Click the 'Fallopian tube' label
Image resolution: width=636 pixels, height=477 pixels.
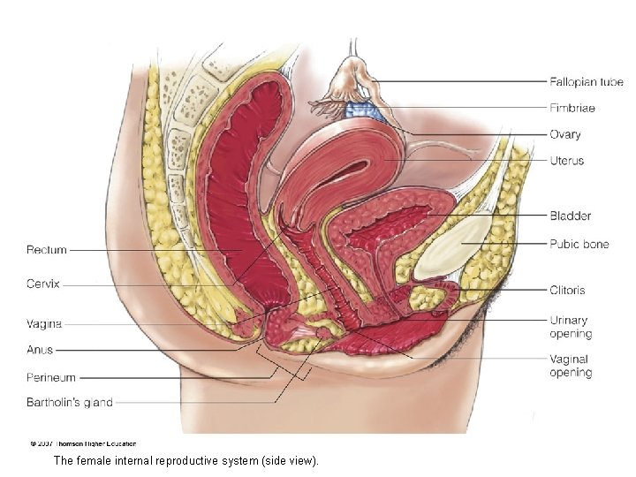(586, 82)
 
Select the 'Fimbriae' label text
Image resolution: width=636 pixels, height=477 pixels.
(572, 108)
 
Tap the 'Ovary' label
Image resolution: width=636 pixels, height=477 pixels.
(565, 135)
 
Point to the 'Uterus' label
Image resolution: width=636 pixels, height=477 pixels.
(566, 161)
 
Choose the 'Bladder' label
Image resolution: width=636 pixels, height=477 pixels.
(570, 216)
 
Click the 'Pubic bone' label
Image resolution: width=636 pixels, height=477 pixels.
(579, 244)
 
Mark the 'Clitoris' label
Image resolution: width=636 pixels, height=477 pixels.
(567, 290)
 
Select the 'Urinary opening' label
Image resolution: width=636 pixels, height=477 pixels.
(570, 327)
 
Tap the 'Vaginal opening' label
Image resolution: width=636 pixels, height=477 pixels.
(570, 366)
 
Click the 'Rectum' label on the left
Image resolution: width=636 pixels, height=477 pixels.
(46, 250)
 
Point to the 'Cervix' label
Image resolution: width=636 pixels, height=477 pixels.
(43, 284)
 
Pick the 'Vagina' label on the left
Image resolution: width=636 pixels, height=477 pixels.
(44, 324)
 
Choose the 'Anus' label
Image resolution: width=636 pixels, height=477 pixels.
(40, 350)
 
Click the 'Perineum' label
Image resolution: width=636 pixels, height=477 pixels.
(51, 378)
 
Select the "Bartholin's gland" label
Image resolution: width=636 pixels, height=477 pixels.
(69, 403)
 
